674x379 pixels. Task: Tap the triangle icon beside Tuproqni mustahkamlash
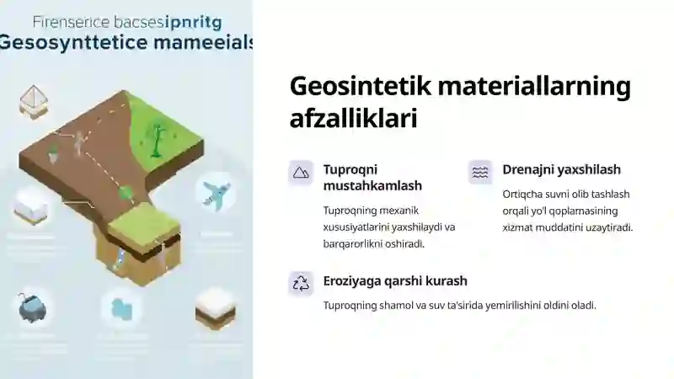pos(301,172)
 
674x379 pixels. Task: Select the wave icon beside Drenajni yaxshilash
pos(480,172)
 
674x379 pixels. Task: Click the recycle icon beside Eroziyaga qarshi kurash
pos(301,283)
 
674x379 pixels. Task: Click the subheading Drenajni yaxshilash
pos(561,169)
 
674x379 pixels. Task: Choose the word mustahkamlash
pos(372,185)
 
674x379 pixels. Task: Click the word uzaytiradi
pos(605,227)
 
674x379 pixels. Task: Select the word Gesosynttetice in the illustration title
pos(63,43)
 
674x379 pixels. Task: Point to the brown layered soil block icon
pos(215,308)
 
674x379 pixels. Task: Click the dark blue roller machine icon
pos(32,308)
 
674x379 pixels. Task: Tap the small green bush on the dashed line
pos(126,194)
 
